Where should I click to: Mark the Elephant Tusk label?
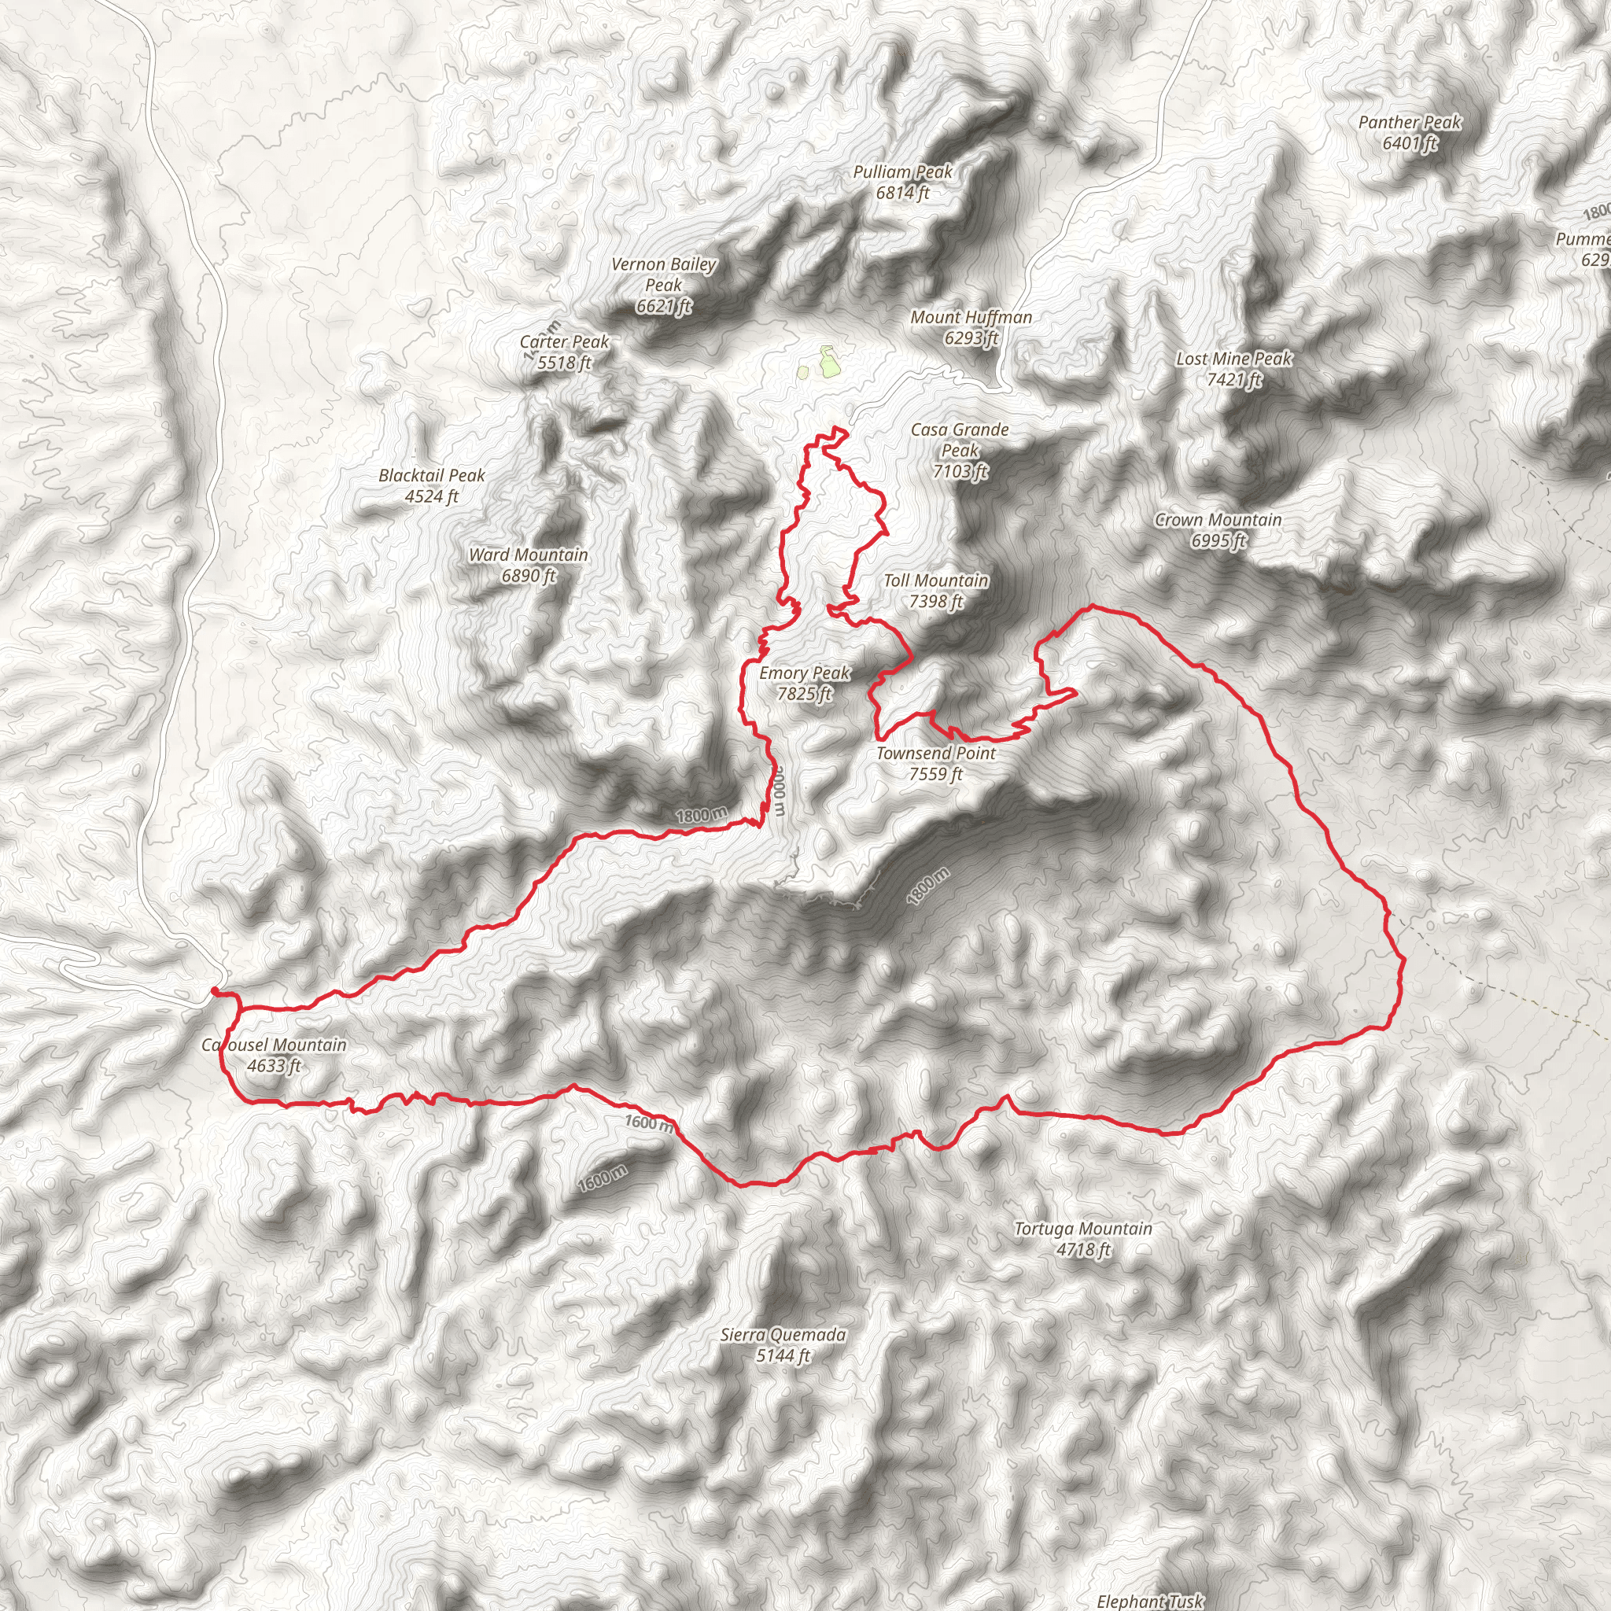(1150, 1600)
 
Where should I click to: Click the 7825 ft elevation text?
(804, 694)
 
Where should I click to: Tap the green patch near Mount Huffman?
(828, 362)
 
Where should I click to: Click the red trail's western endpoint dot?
(215, 990)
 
